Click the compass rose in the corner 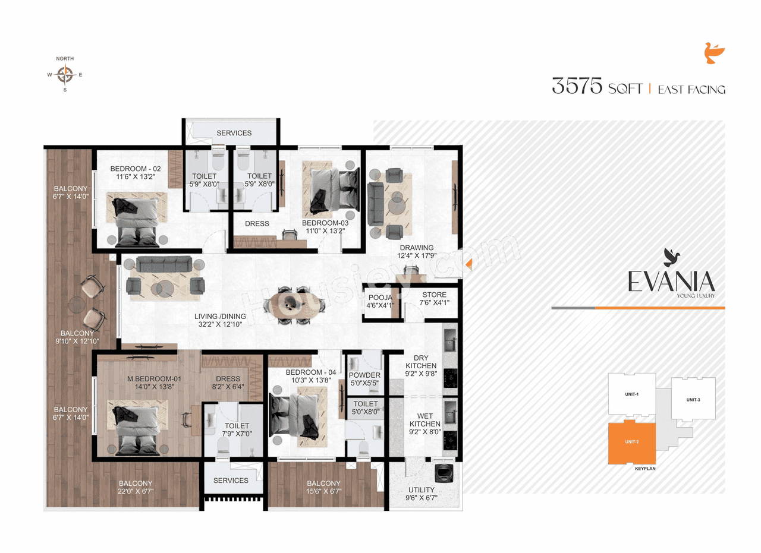point(65,75)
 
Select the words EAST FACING point(691,90)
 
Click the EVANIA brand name point(671,281)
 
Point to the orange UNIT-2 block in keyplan point(631,443)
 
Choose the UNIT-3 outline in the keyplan point(693,400)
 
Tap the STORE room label point(434,295)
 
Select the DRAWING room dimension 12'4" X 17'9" point(416,256)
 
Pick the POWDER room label point(364,375)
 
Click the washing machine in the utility point(442,473)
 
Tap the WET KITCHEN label point(424,419)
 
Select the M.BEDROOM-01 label point(154,379)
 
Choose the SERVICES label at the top point(234,133)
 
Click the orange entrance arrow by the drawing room point(469,263)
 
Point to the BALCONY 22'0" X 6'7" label point(136,487)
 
